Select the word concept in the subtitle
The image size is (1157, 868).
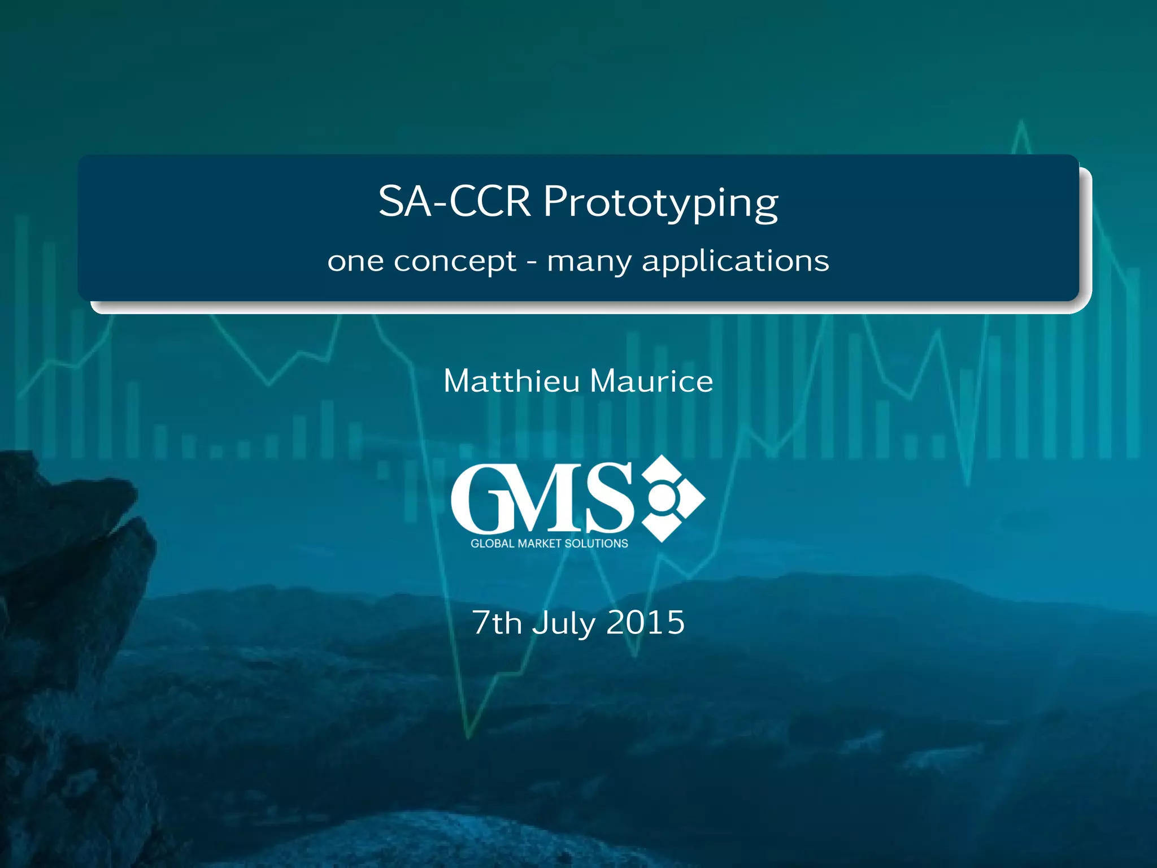[x=455, y=262]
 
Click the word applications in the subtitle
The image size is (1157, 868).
[x=736, y=262]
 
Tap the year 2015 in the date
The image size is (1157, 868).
[x=645, y=623]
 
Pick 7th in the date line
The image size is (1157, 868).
[x=497, y=623]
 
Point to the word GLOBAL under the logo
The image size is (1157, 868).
[x=493, y=544]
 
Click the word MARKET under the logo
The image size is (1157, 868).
[x=540, y=544]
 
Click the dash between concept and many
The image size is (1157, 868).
[x=532, y=262]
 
